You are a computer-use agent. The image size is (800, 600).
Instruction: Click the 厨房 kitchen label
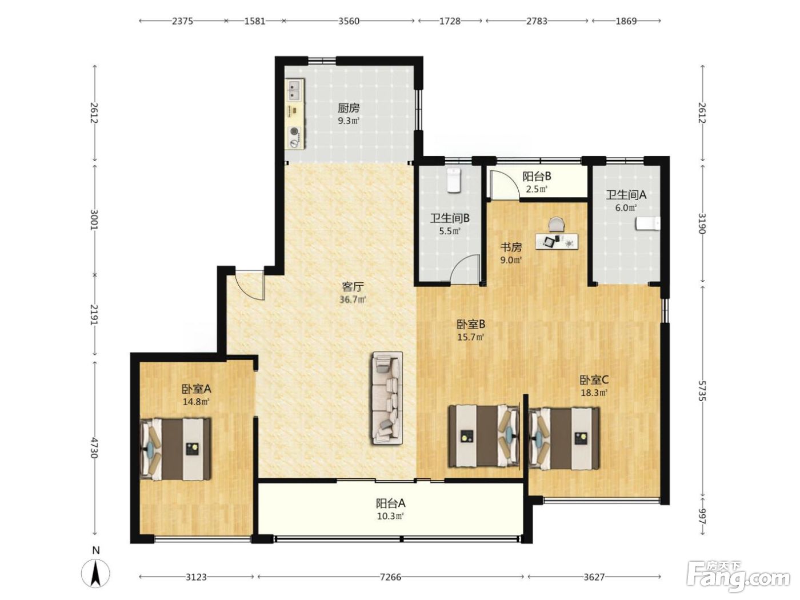click(348, 108)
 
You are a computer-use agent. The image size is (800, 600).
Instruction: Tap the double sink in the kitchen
click(294, 90)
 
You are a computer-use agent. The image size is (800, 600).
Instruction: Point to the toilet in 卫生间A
click(647, 223)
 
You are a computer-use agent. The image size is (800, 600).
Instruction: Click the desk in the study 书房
click(557, 241)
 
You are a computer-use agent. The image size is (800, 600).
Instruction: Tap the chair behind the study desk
click(557, 223)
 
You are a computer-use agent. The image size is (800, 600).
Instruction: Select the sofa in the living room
click(387, 398)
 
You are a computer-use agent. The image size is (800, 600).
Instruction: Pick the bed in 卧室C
click(564, 439)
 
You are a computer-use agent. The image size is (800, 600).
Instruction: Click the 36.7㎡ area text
click(353, 300)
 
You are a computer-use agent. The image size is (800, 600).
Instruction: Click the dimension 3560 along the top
click(349, 21)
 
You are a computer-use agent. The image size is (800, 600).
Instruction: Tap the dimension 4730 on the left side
click(94, 448)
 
